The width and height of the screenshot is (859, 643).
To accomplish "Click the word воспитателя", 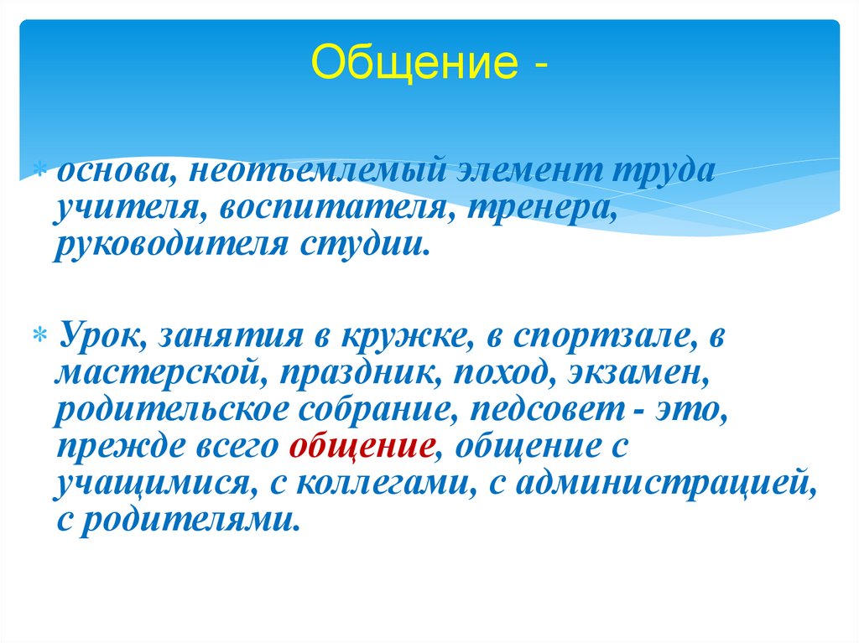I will [334, 208].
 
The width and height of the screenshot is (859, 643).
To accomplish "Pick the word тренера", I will [542, 208].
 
